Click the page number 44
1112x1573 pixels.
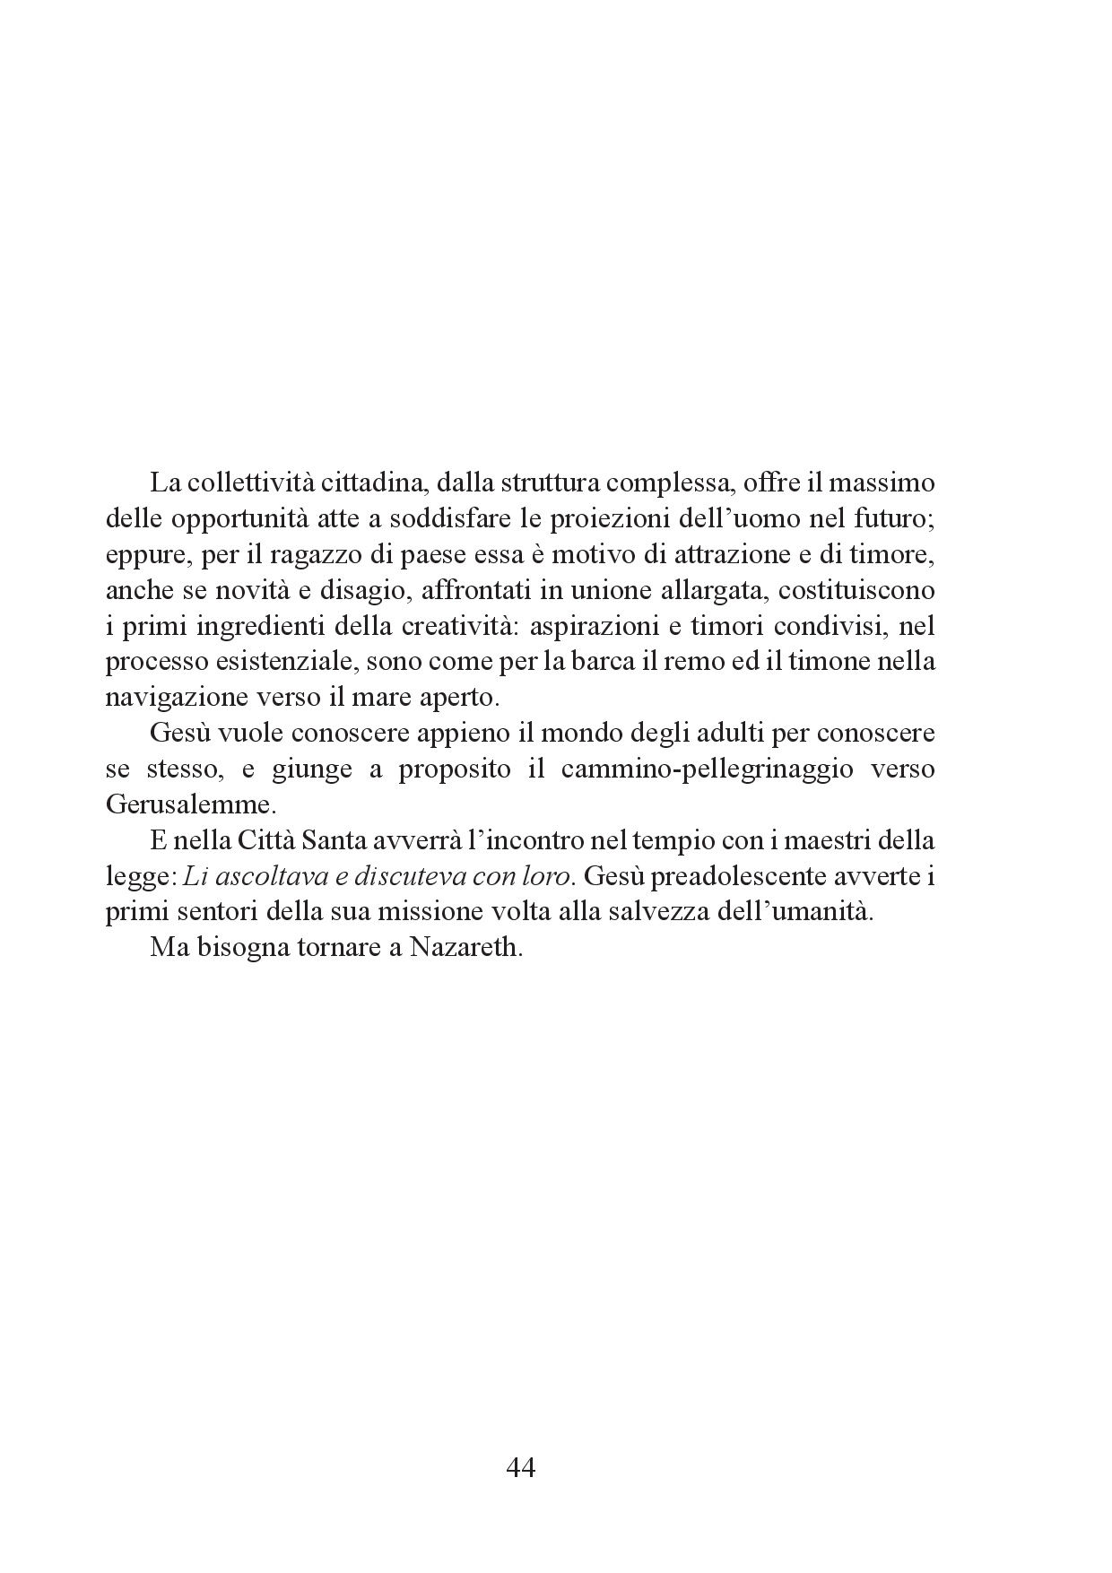521,1468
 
